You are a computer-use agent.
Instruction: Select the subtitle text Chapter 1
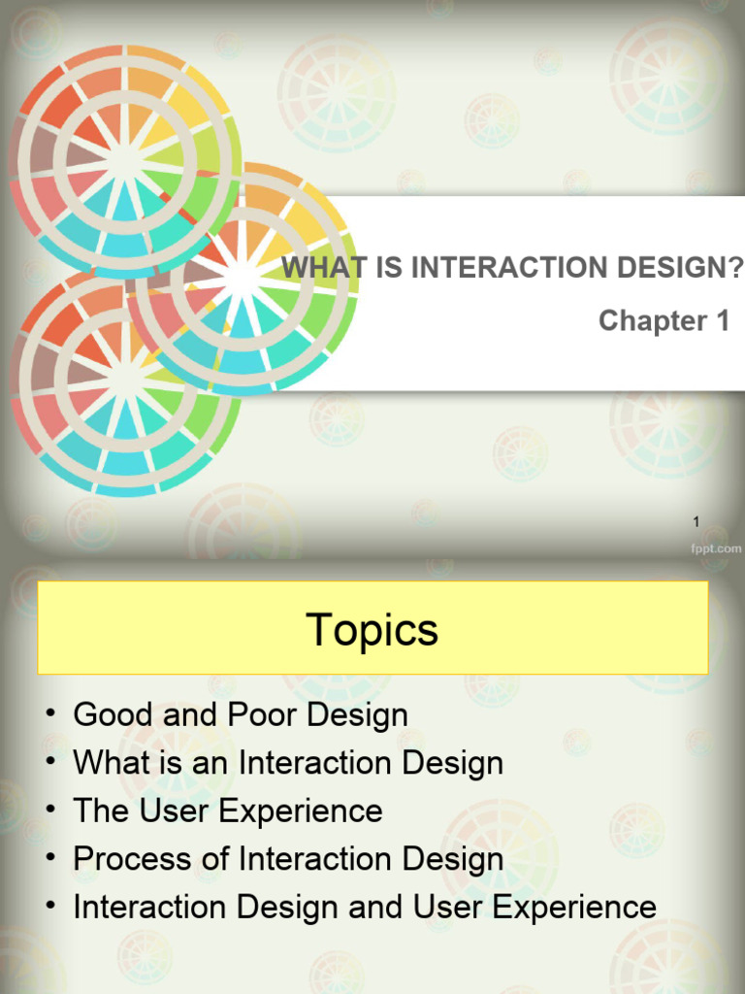[664, 320]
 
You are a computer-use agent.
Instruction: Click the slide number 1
[696, 523]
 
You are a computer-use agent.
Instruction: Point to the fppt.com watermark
[715, 548]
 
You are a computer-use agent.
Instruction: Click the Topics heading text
[372, 630]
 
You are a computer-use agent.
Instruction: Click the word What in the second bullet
[106, 763]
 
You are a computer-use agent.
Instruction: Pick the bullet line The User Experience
[228, 811]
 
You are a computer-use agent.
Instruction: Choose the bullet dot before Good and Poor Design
[49, 715]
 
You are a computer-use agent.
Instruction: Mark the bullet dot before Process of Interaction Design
[49, 859]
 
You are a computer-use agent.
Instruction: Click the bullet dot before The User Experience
[49, 811]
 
